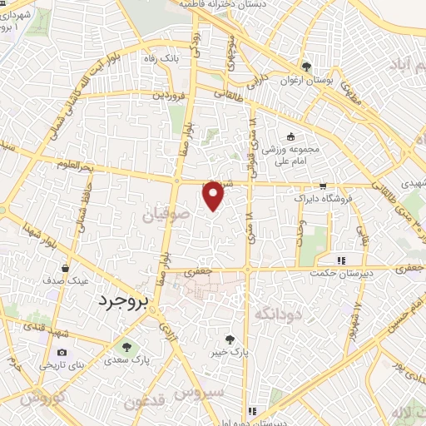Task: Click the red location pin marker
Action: pos(214,195)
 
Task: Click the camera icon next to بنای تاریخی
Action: pos(62,353)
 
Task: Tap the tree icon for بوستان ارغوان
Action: pos(306,67)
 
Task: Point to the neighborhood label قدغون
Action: pos(146,403)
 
